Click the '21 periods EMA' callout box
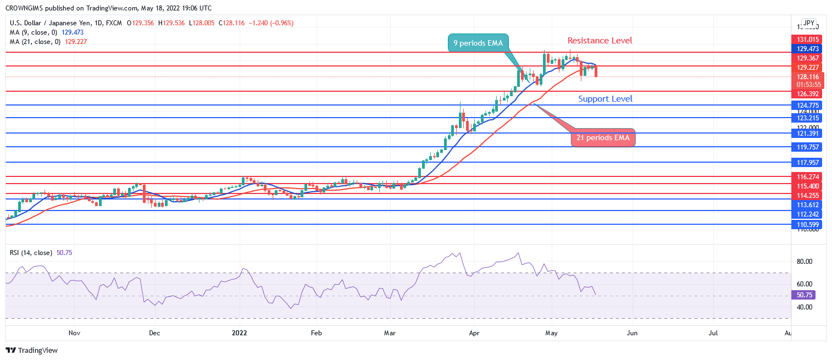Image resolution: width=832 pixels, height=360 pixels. (603, 137)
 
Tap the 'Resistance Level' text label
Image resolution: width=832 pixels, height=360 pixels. (600, 40)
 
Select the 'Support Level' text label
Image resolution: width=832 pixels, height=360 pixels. (605, 99)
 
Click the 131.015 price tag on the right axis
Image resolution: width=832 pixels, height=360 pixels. (805, 39)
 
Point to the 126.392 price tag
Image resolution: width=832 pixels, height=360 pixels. (805, 94)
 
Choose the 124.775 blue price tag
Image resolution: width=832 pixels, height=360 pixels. (805, 105)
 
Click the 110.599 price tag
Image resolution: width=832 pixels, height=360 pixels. (805, 224)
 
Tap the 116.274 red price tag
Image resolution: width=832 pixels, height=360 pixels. (805, 177)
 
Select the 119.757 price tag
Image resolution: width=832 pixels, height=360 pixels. (805, 147)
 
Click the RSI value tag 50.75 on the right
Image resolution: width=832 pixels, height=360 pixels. (805, 295)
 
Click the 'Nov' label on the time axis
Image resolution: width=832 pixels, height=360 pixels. (75, 333)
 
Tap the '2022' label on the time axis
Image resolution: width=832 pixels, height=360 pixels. (240, 333)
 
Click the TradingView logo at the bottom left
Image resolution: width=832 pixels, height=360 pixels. (32, 350)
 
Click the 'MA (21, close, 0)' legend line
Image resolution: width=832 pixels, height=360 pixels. (48, 41)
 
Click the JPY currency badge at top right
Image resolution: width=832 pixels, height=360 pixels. (808, 23)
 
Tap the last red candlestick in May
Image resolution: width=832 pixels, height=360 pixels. (596, 70)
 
